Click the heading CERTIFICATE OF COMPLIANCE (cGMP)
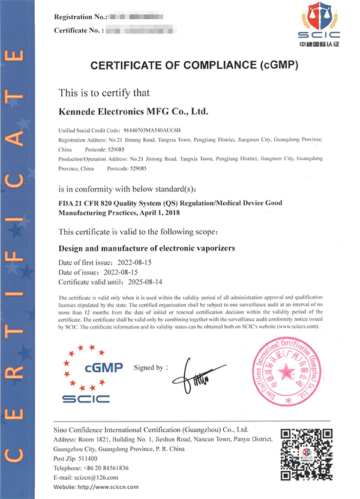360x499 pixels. [194, 65]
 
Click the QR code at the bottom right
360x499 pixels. [306, 456]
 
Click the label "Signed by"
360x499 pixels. [151, 367]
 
